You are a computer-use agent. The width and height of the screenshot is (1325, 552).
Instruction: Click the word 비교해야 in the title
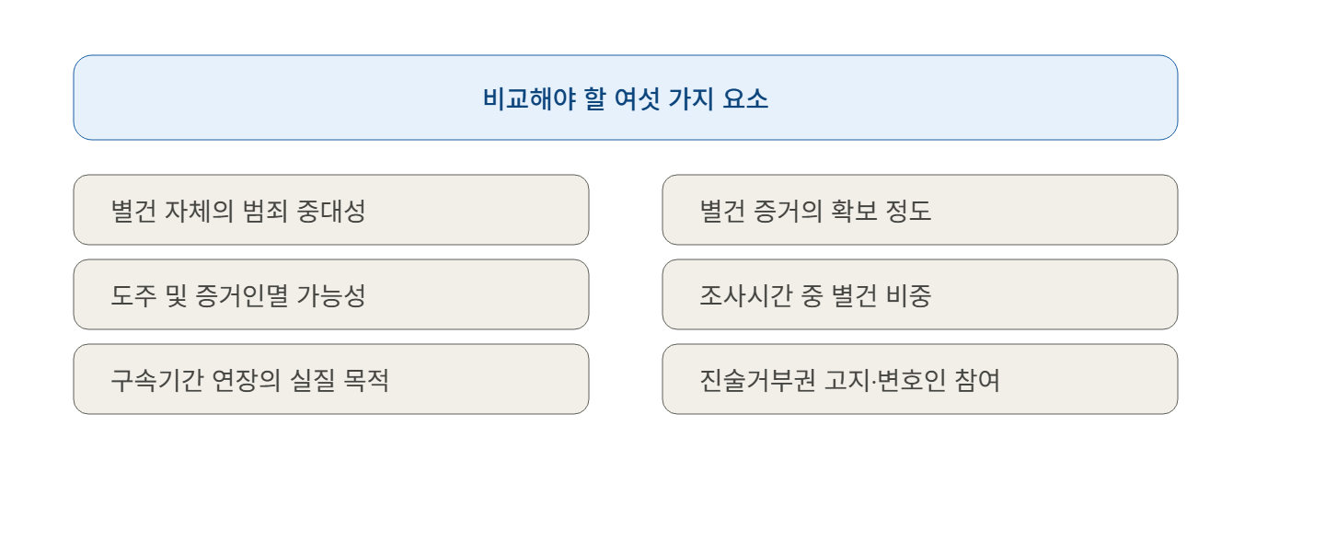tap(529, 98)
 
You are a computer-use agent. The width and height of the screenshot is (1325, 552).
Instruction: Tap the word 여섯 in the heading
tap(637, 98)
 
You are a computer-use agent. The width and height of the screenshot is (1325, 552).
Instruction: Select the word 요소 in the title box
tap(745, 98)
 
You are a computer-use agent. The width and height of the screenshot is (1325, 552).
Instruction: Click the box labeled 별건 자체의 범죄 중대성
tap(331, 210)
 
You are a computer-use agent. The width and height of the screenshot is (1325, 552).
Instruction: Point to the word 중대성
tap(331, 212)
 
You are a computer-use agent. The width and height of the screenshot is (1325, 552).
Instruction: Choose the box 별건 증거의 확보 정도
tap(920, 210)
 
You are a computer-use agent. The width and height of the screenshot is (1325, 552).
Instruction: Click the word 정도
tap(908, 212)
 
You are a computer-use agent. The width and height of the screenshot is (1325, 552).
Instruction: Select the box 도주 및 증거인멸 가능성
tap(331, 294)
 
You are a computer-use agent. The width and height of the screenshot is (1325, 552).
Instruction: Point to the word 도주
tap(134, 296)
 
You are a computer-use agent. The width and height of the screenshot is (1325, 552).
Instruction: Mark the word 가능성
tap(331, 296)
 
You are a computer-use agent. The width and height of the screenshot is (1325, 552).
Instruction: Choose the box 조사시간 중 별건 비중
tap(920, 294)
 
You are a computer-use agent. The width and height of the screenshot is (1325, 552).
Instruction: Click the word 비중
tap(908, 296)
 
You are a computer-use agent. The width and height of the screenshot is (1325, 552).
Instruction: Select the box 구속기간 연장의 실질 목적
tap(331, 379)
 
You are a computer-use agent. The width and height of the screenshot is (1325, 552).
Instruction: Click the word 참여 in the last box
tap(977, 381)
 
